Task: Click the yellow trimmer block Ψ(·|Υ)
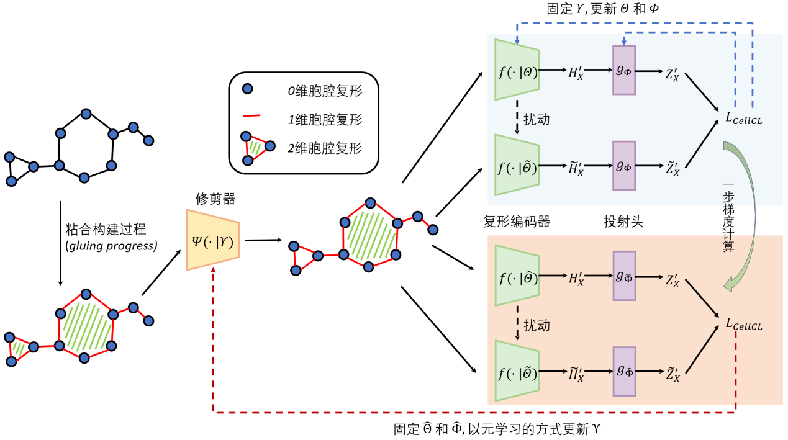(213, 240)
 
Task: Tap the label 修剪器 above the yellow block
(215, 199)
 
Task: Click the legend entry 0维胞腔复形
(325, 91)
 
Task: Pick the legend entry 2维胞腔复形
(325, 148)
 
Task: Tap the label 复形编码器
(517, 221)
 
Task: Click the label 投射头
(623, 221)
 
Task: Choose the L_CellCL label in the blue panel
(743, 119)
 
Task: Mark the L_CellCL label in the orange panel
(743, 323)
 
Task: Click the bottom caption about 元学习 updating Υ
(497, 429)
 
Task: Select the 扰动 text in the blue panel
(537, 118)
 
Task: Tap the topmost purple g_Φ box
(623, 70)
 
